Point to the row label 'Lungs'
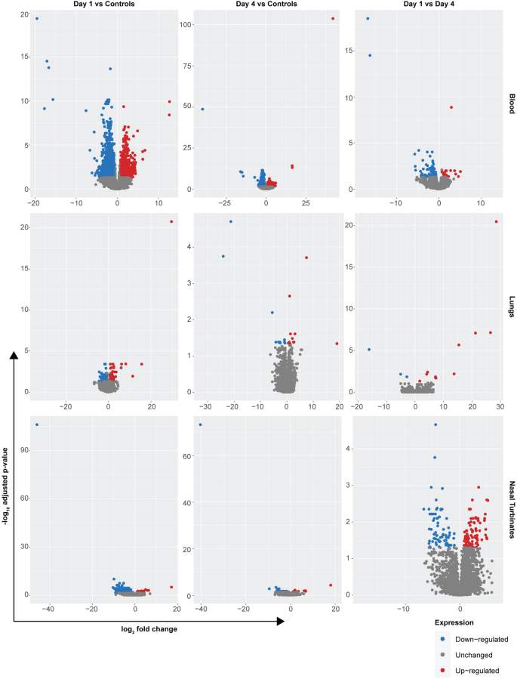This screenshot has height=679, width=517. [x=511, y=312]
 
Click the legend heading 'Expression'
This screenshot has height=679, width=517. [x=454, y=623]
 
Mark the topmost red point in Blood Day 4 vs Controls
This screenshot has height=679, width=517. [x=333, y=19]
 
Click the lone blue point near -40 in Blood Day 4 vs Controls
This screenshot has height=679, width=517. [x=202, y=109]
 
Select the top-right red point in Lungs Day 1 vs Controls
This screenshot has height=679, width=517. [x=171, y=221]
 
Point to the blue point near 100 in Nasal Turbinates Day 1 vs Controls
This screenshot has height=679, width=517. [x=37, y=424]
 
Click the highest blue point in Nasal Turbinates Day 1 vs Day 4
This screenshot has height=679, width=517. [x=435, y=424]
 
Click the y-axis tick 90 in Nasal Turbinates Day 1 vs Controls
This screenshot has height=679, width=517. [x=23, y=450]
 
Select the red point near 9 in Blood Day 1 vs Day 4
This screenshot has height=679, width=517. [x=451, y=107]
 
